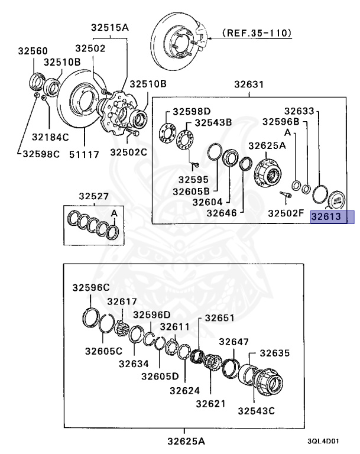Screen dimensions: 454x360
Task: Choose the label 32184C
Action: tap(51, 137)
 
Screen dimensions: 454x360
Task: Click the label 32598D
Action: tap(192, 111)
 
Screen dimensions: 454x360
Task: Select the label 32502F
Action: tap(287, 212)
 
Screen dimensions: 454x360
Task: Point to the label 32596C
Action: tap(92, 287)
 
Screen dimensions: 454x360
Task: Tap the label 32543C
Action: tap(257, 410)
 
